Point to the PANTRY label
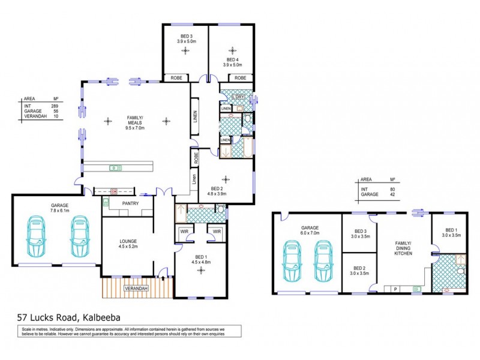[130, 203]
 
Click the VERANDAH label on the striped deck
[137, 288]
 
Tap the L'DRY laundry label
[239, 97]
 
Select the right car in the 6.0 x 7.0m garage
[324, 262]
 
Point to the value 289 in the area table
[55, 106]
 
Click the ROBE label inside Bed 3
[176, 79]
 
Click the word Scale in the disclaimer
[27, 329]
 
